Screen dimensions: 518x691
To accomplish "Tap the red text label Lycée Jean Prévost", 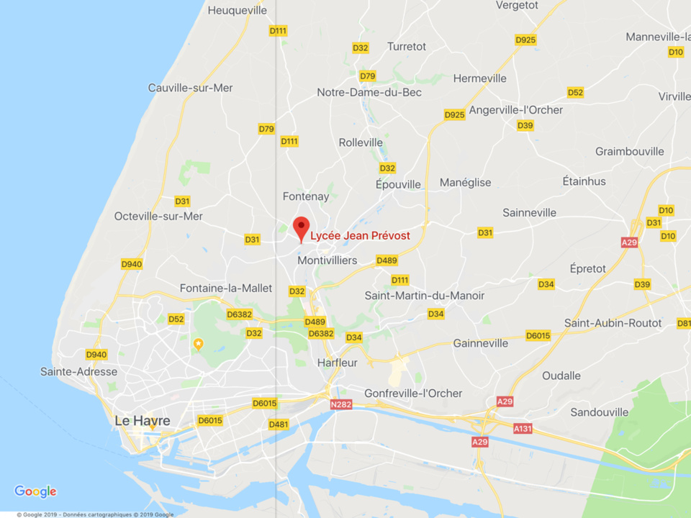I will [360, 236].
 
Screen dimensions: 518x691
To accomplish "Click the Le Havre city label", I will [143, 421].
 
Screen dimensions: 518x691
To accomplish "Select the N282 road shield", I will [341, 405].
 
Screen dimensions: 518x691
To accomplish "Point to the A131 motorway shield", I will [523, 428].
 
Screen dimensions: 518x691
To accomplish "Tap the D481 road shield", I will [279, 424].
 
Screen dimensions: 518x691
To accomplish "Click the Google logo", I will [35, 491].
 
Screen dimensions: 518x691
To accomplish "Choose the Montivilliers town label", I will [328, 260].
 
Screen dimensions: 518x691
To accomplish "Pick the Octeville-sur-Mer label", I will [158, 216].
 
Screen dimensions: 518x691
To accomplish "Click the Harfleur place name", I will [338, 363].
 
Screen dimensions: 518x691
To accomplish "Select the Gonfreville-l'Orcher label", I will [413, 394].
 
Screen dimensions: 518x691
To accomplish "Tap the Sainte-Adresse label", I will [79, 372].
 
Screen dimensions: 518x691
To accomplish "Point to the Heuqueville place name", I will [238, 10].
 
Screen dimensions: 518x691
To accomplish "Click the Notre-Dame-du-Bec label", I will [369, 92].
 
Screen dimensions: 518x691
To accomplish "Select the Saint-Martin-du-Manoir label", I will [425, 296].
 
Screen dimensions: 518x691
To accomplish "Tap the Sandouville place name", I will [600, 412].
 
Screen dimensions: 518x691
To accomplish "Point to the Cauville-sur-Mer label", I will [191, 88].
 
